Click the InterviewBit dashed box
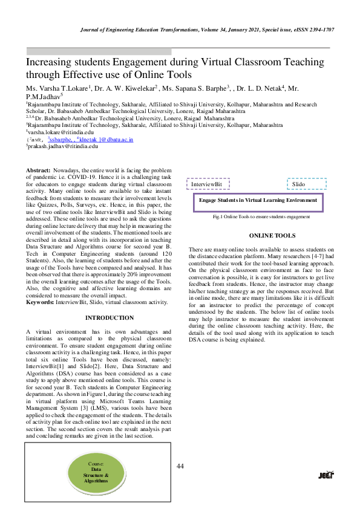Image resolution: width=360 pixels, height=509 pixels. point(207,184)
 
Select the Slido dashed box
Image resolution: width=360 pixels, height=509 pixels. point(306,184)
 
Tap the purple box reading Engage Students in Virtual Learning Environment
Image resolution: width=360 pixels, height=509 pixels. point(258,200)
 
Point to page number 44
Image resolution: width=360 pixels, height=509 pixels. point(180,466)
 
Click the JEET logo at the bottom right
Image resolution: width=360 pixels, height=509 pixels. point(327,475)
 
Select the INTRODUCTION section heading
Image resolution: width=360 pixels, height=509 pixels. point(110,317)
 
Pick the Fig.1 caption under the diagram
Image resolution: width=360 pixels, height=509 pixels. point(258,216)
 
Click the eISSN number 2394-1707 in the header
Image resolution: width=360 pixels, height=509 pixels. point(319,29)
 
